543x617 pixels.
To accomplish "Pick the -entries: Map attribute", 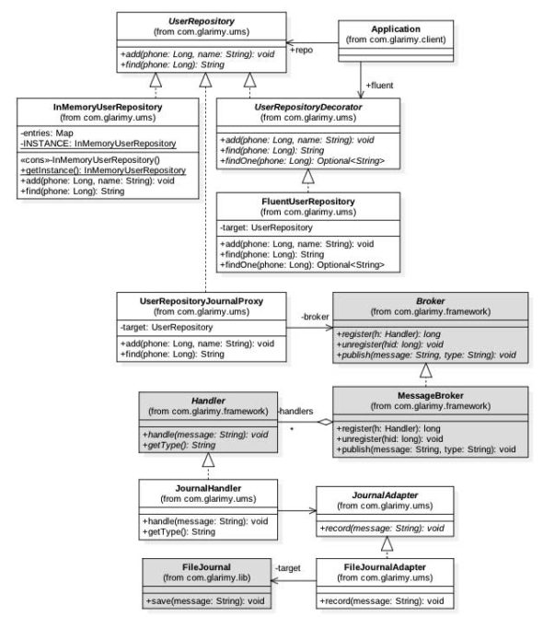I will pos(62,133).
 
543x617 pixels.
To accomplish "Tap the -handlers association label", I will pos(295,412).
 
